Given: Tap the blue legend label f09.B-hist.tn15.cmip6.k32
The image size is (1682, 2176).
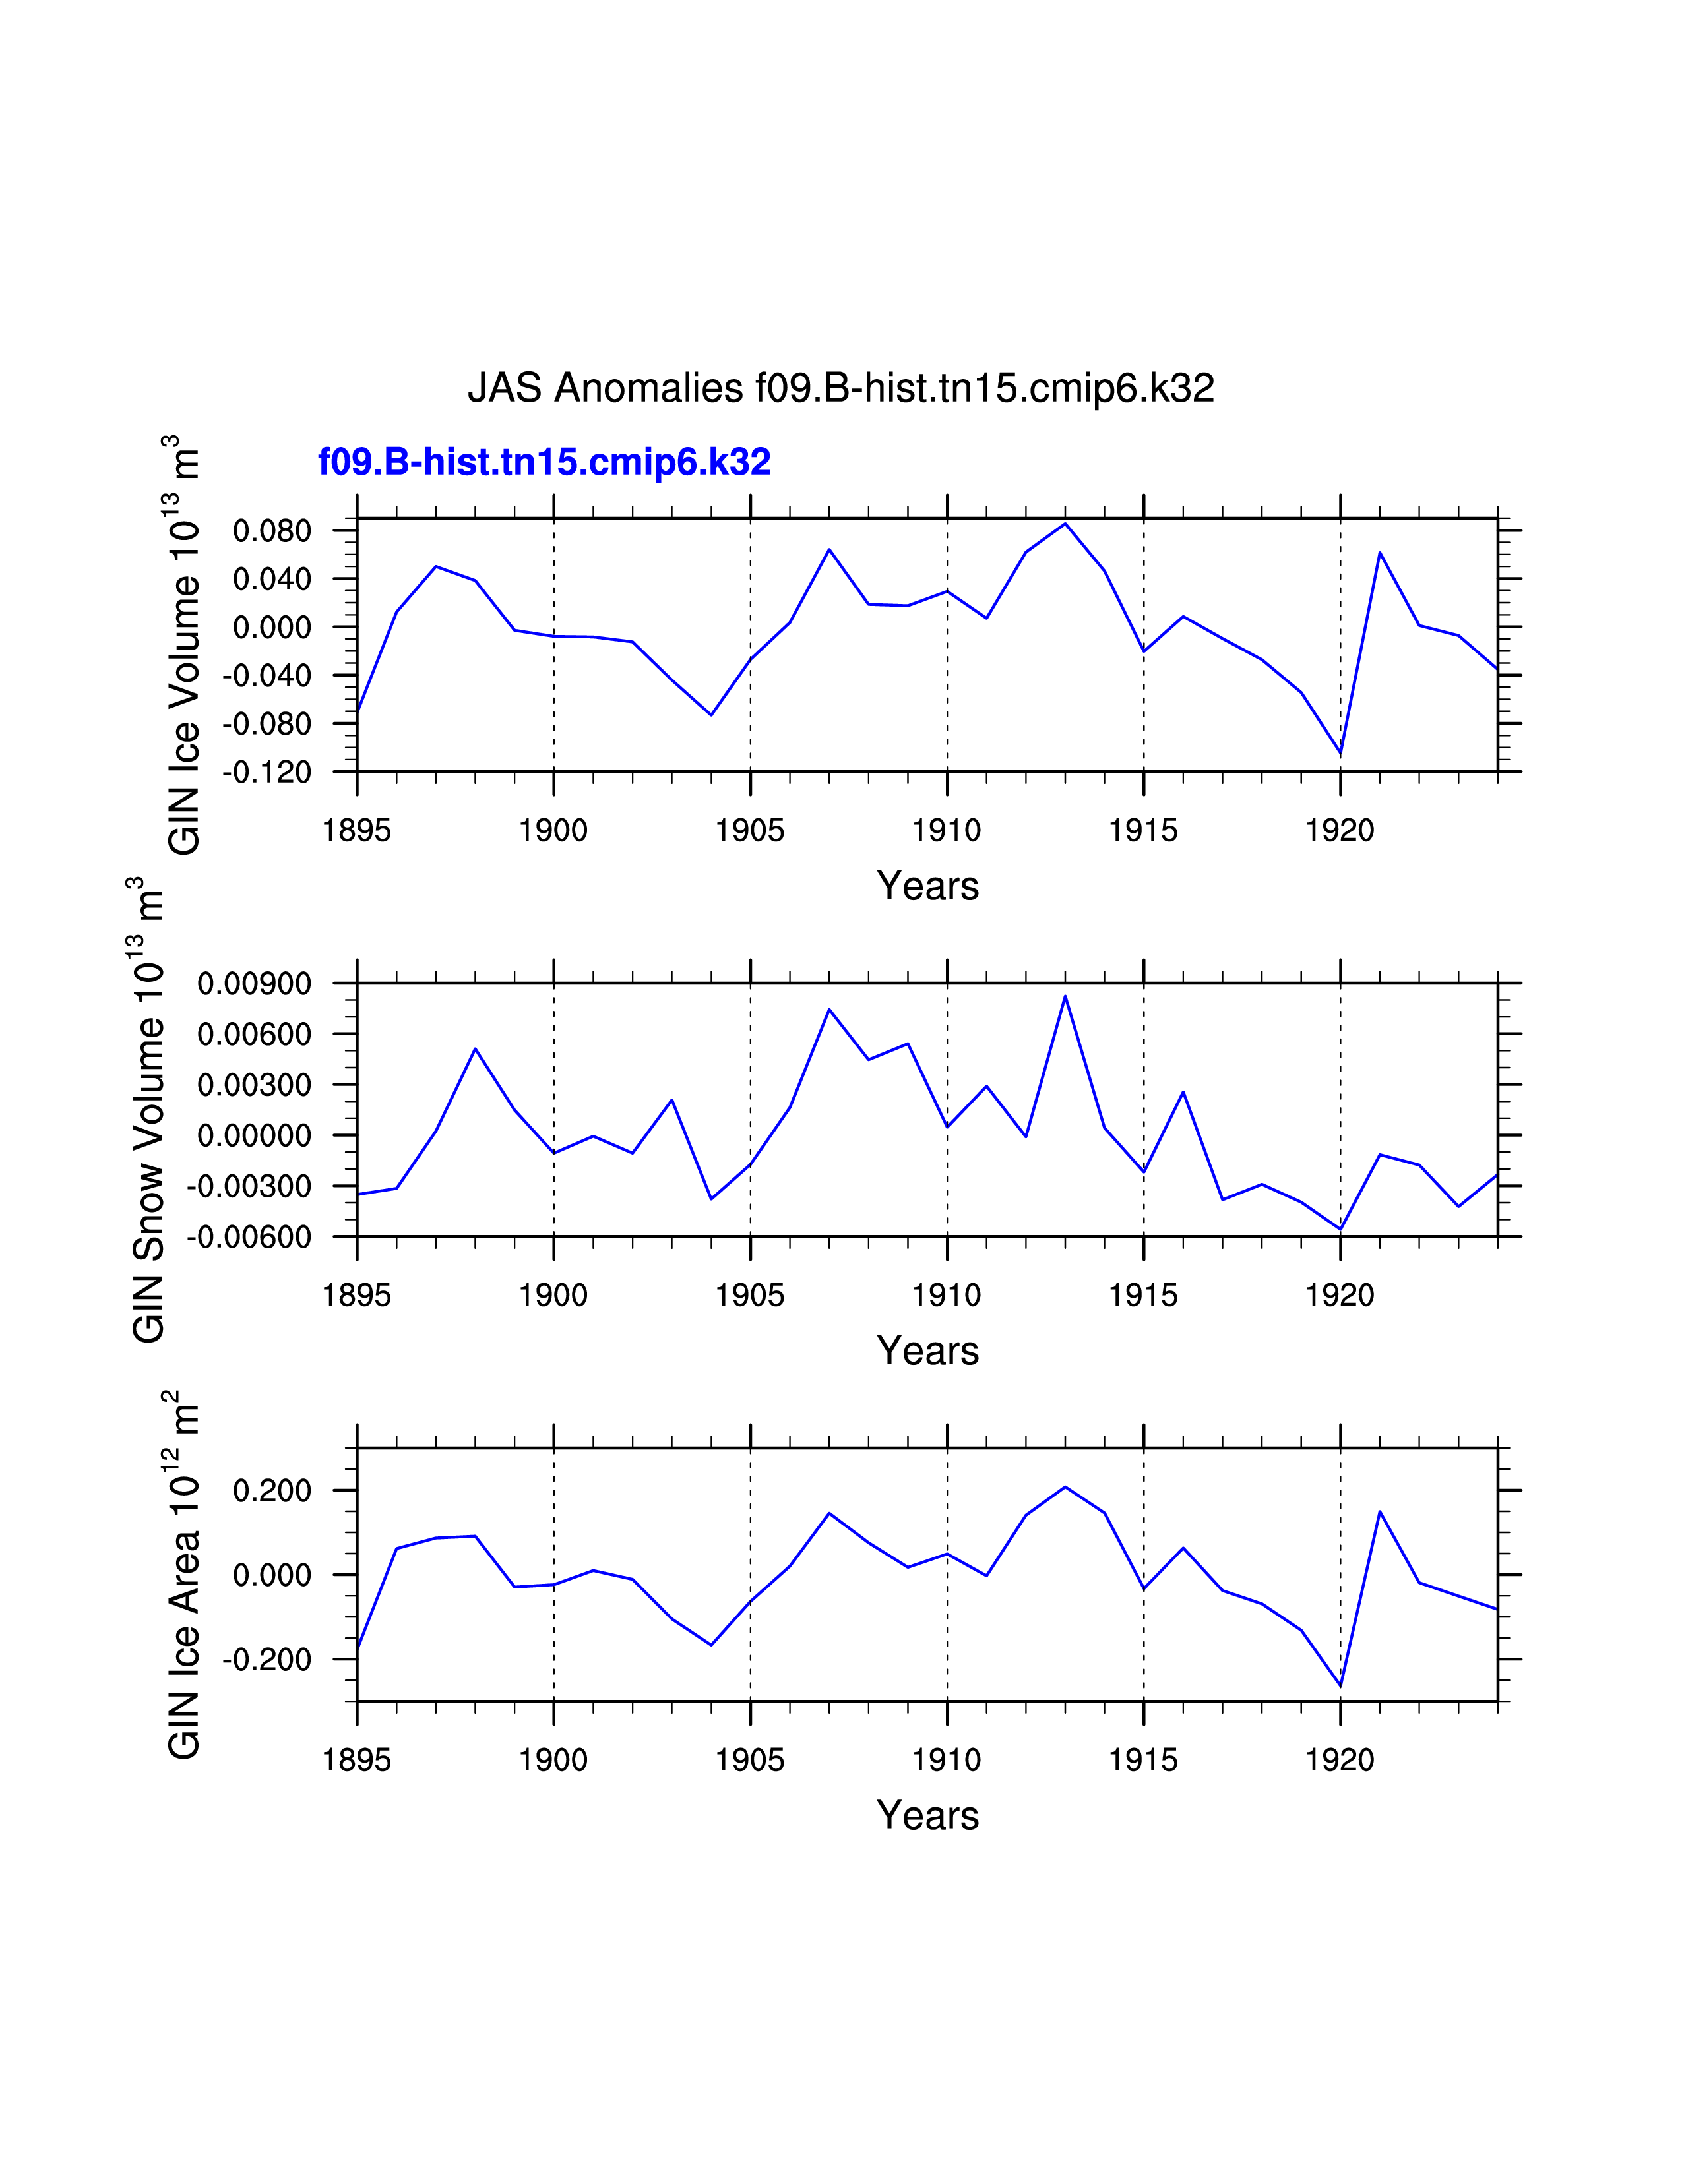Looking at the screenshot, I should [x=544, y=462].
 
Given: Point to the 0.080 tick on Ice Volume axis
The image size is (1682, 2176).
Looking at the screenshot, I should [x=272, y=531].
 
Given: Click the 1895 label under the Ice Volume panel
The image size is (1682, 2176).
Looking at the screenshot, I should [x=357, y=831].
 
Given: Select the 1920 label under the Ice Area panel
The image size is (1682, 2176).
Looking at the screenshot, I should [x=1340, y=1761].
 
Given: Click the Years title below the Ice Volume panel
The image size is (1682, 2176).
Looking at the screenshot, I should [x=927, y=886].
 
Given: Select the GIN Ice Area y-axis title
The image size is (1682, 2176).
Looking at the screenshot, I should [x=184, y=1574].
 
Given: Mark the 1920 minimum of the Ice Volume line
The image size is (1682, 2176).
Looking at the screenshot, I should [x=1340, y=753].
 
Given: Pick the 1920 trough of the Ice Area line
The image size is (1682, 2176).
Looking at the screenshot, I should [x=1340, y=1686].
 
